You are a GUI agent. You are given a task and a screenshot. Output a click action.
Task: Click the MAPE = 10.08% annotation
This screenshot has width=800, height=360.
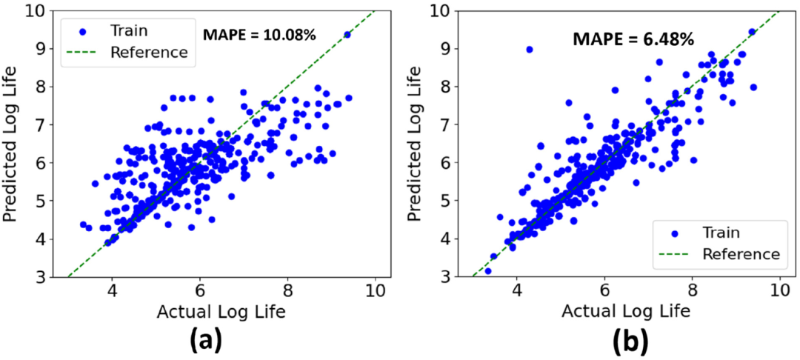coord(260,33)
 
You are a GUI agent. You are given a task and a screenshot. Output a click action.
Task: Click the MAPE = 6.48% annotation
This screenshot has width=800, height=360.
coord(633,39)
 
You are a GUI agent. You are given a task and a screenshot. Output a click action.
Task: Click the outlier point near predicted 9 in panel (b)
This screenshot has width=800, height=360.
coord(529,50)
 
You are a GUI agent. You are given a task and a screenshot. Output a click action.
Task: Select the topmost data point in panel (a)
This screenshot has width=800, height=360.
coord(347,35)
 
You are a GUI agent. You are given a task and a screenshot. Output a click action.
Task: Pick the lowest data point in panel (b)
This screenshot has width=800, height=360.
coord(487,271)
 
